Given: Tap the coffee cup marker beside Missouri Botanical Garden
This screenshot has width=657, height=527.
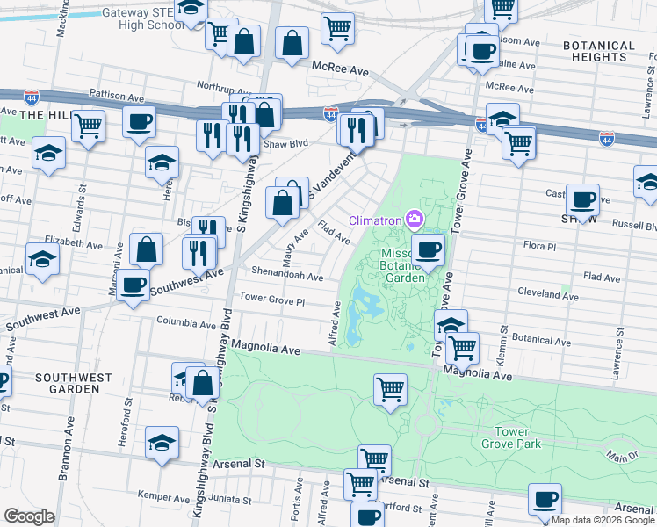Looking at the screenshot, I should coord(428,249).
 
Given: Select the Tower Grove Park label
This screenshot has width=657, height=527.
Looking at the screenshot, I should coord(523,437).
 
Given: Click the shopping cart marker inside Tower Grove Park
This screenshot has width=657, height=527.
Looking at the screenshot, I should coord(390,388).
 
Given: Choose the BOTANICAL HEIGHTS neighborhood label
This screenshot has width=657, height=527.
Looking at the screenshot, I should coord(600,51).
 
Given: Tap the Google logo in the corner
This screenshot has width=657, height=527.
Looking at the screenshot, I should coord(31,516).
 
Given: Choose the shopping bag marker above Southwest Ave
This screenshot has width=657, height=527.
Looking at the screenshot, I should coord(147,249).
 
